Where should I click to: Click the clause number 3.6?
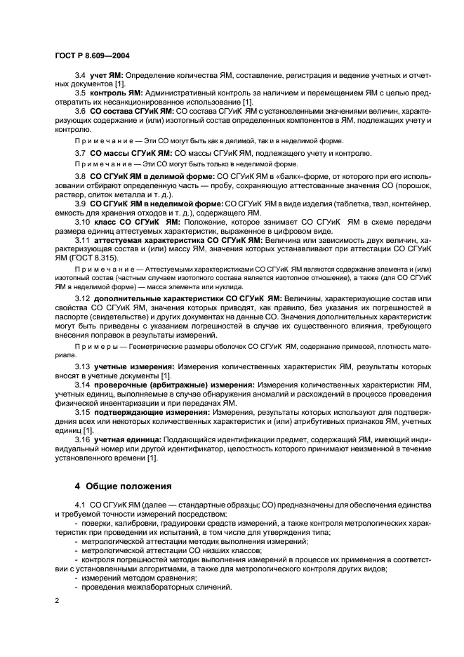80,111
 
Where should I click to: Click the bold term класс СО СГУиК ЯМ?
135,221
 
